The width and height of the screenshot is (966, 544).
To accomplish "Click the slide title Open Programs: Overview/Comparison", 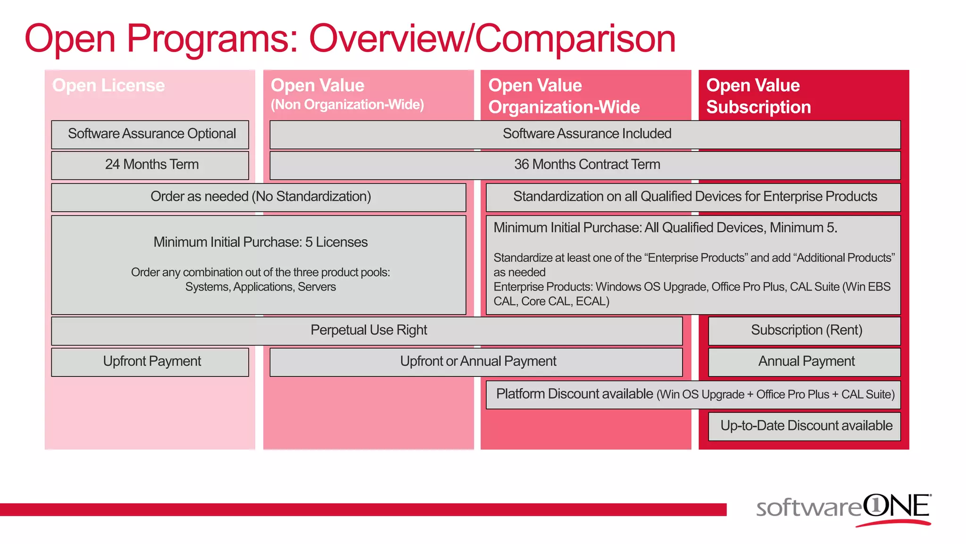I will click(x=350, y=39).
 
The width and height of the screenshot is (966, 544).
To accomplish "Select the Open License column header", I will click(x=108, y=85).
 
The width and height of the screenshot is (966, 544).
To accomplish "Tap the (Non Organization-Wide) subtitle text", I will click(x=347, y=104).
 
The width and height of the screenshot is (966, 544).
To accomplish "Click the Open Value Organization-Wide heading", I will click(x=564, y=96).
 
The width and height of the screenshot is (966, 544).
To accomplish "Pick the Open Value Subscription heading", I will click(x=758, y=96).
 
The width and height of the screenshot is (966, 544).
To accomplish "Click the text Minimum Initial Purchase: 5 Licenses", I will click(x=260, y=242).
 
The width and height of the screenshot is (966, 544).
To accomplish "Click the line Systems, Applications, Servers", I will click(x=260, y=287).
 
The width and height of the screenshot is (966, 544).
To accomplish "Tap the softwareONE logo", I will click(x=843, y=509).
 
